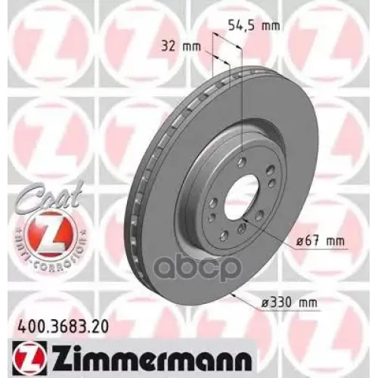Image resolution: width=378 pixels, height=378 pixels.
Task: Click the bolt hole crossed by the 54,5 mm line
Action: (x=241, y=163)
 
